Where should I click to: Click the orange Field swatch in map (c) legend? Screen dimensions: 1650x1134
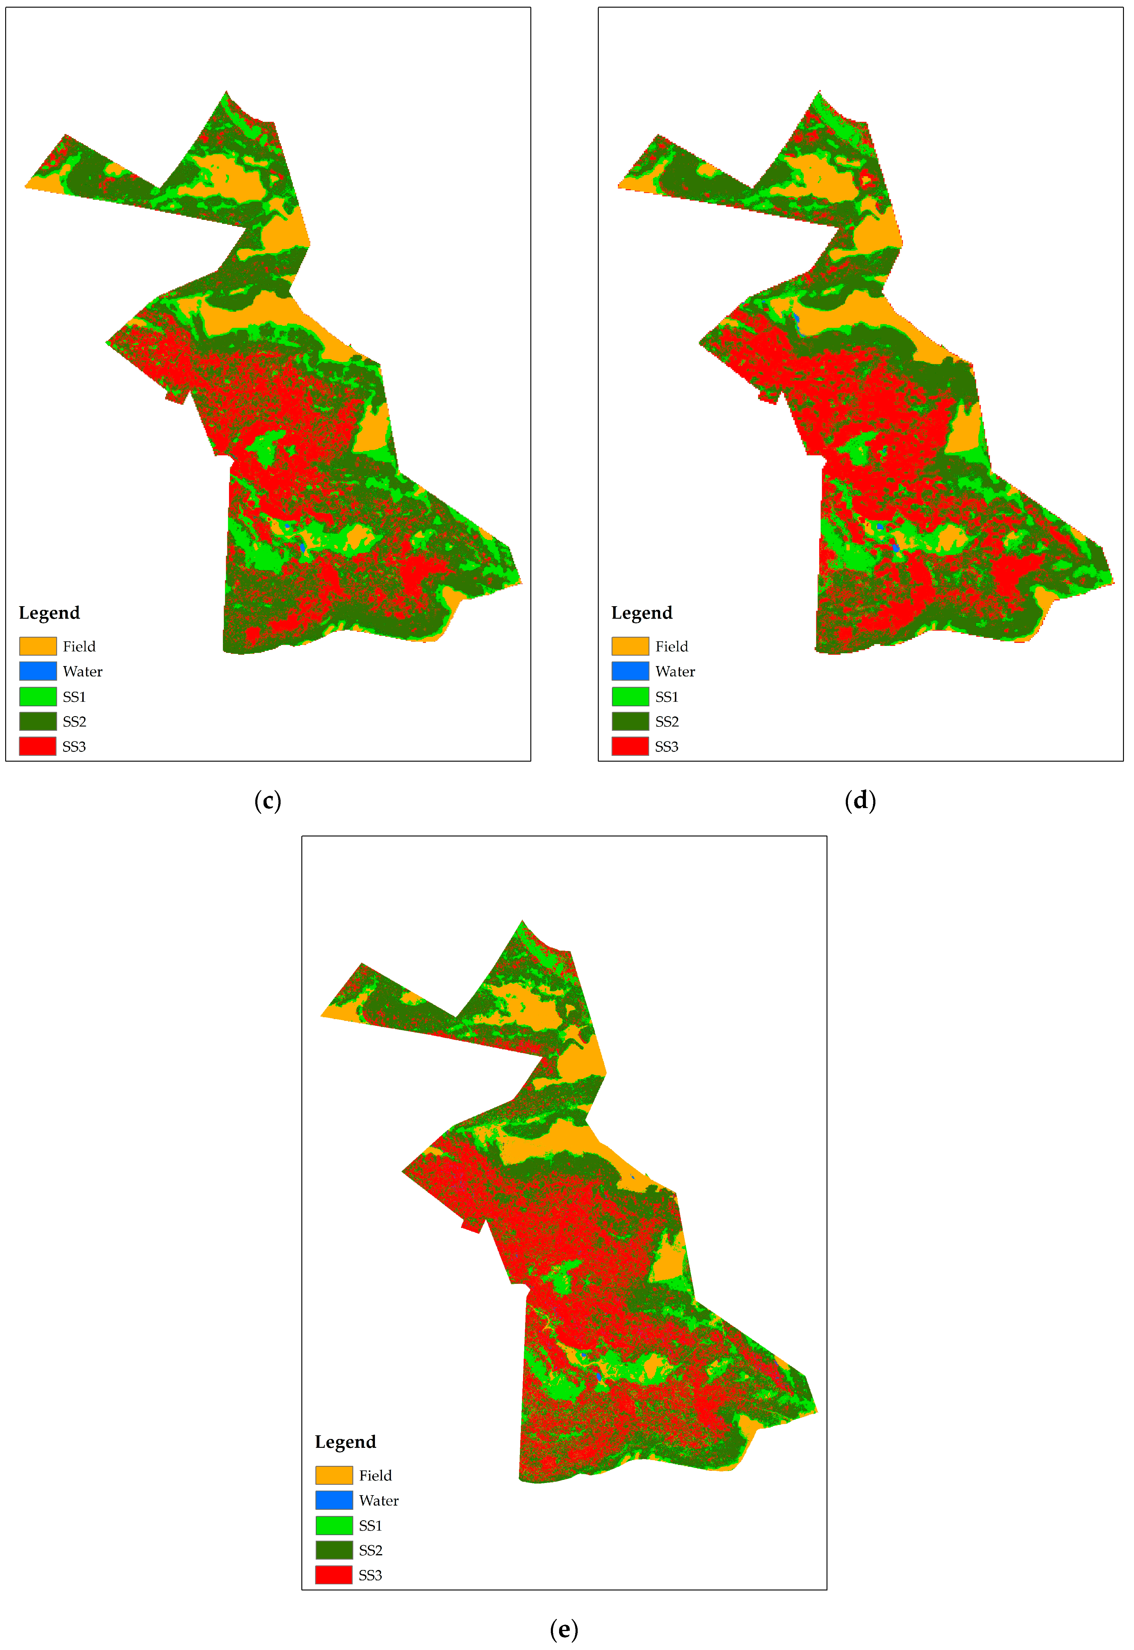tap(38, 646)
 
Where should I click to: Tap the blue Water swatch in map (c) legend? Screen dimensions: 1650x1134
tap(38, 671)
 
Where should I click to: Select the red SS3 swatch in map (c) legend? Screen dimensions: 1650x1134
tap(38, 746)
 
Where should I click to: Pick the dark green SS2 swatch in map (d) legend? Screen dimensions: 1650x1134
tap(630, 721)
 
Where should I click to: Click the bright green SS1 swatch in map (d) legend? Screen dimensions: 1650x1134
tap(630, 696)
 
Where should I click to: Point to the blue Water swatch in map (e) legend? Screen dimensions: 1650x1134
tap(334, 1500)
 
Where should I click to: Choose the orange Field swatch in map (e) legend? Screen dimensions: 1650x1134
tap(334, 1475)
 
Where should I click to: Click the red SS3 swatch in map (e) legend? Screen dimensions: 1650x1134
tap(334, 1575)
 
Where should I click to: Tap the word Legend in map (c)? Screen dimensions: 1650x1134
tap(49, 613)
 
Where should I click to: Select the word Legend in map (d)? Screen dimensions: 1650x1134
tap(642, 613)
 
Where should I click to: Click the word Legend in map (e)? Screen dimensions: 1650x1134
tap(345, 1442)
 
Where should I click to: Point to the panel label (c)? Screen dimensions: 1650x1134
tap(268, 801)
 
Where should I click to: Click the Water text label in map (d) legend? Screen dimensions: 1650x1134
tap(675, 672)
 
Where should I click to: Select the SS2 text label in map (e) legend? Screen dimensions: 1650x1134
tap(370, 1550)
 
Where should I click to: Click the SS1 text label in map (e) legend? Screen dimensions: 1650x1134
tap(370, 1526)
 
